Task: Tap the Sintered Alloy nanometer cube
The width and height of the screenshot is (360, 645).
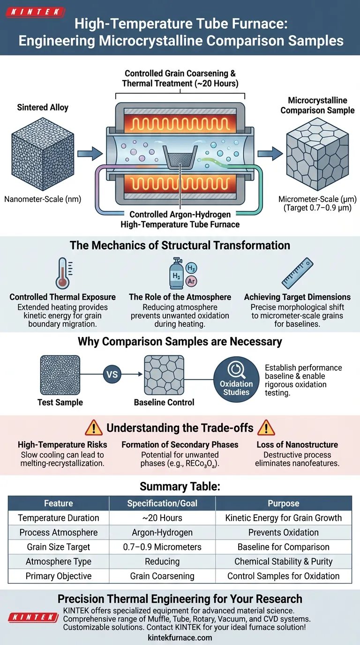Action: coord(42,150)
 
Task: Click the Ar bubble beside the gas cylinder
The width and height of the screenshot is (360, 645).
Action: coord(191,281)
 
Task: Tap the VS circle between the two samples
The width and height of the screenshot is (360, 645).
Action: coord(112,375)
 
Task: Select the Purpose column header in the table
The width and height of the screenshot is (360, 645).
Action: coord(283,503)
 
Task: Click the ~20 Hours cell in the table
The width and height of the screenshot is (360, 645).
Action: coord(162,518)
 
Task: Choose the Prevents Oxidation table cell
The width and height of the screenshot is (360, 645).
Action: coord(283,532)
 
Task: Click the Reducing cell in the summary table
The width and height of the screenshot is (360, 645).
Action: coord(162,562)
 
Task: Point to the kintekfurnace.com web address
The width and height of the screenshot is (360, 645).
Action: coord(180,637)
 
